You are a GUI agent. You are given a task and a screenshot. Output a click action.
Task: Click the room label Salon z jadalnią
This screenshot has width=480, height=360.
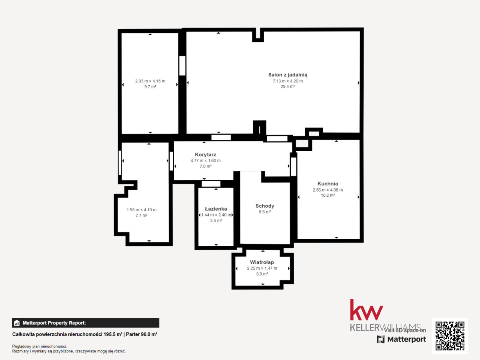coord(288,75)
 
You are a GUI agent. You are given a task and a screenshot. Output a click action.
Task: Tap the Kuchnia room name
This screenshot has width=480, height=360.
coord(328,184)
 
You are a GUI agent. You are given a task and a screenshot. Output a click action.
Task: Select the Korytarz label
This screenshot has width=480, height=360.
coord(205,154)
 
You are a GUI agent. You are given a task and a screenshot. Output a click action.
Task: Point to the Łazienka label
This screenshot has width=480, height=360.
coord(216,209)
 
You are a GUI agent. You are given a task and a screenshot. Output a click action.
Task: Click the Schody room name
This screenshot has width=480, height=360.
coord(265,206)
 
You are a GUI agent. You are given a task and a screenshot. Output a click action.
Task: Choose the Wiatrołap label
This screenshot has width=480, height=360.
coord(262,262)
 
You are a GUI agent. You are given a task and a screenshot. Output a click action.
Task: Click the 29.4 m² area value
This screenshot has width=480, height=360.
coord(288,86)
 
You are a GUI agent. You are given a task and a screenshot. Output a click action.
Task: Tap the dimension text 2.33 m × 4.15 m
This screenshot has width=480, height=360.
coord(150,81)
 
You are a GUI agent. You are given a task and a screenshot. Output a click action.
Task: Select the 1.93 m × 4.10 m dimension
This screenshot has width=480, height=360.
coord(142,210)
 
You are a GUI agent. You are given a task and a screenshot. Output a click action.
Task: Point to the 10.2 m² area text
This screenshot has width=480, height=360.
coord(328,196)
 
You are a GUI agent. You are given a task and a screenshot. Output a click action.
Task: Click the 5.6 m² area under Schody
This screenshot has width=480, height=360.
coord(265,212)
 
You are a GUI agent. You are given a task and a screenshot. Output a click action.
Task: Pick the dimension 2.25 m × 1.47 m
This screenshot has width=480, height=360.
coord(262,268)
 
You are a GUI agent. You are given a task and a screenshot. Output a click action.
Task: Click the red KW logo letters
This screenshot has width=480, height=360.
coord(366,310)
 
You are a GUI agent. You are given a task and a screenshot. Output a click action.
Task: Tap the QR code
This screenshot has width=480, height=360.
coord(450,336)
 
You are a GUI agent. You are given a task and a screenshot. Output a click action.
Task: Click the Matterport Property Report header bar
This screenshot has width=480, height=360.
coord(86,323)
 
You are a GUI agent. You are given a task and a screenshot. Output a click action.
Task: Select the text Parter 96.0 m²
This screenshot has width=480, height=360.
coord(142,334)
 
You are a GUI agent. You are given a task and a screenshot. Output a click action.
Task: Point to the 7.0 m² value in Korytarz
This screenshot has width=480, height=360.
coord(206,166)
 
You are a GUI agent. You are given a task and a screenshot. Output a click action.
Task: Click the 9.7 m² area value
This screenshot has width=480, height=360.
coord(150,87)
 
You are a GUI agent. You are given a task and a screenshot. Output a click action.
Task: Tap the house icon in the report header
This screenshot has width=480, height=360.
coord(17,323)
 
